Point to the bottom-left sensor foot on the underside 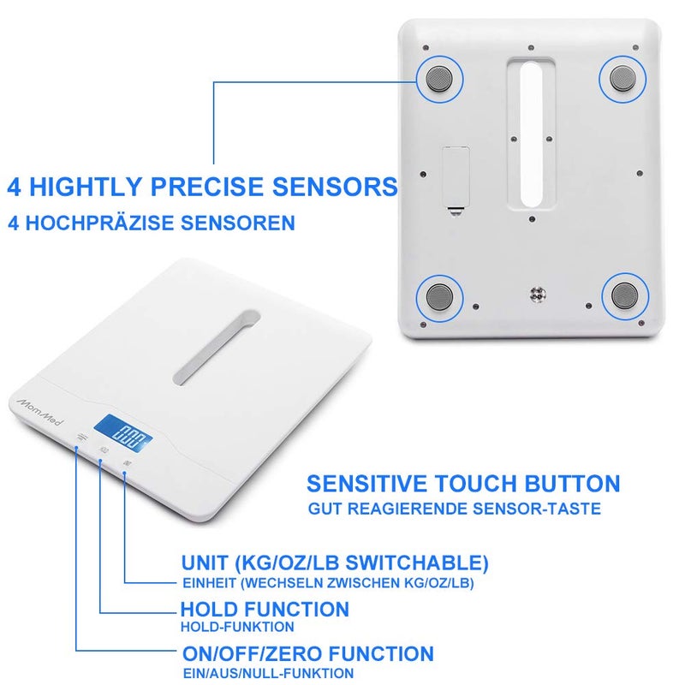[x=440, y=297]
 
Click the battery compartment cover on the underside [x=455, y=178]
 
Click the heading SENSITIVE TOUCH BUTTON [x=463, y=483]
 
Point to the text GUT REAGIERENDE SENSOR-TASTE [x=455, y=509]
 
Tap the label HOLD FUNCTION [x=265, y=610]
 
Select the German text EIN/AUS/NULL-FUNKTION [x=268, y=673]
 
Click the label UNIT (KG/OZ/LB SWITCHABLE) [x=335, y=563]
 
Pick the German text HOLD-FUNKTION [x=228, y=627]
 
